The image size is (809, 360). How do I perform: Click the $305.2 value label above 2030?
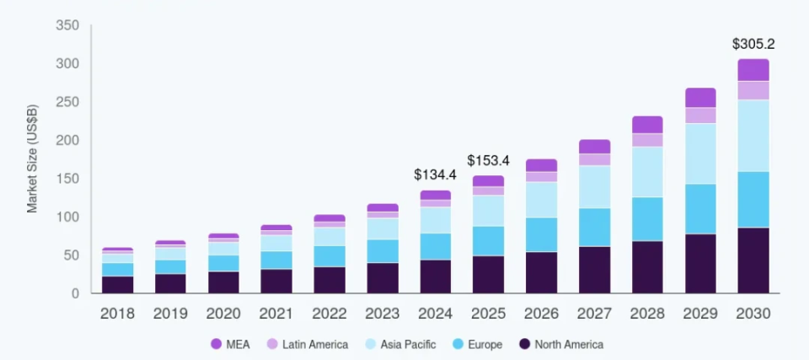point(753,44)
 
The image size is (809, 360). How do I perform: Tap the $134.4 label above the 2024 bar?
point(435,175)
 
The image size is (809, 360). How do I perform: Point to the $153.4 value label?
point(488,160)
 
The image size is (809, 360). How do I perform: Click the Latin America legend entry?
point(308,344)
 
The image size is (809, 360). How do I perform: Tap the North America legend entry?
point(561,344)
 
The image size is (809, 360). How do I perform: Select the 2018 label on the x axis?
point(117,314)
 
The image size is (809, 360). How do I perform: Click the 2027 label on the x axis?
point(594,314)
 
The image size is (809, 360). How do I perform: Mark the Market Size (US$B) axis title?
point(33,159)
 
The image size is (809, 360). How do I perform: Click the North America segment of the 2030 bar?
point(753,261)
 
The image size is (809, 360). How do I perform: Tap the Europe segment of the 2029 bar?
point(700,209)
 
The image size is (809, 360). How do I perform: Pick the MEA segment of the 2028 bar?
point(647,125)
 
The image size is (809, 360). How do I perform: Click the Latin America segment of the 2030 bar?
point(753,90)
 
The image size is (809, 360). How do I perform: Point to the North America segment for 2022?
point(329,280)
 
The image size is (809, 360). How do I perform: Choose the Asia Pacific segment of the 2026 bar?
point(541,200)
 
